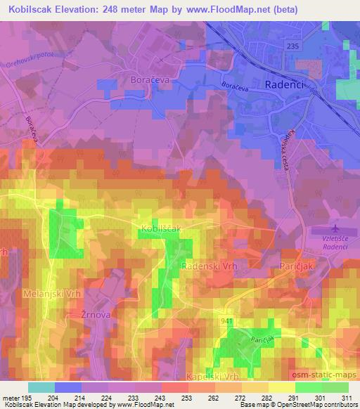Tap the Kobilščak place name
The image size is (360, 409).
point(160,228)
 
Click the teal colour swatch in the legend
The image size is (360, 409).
point(41,387)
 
